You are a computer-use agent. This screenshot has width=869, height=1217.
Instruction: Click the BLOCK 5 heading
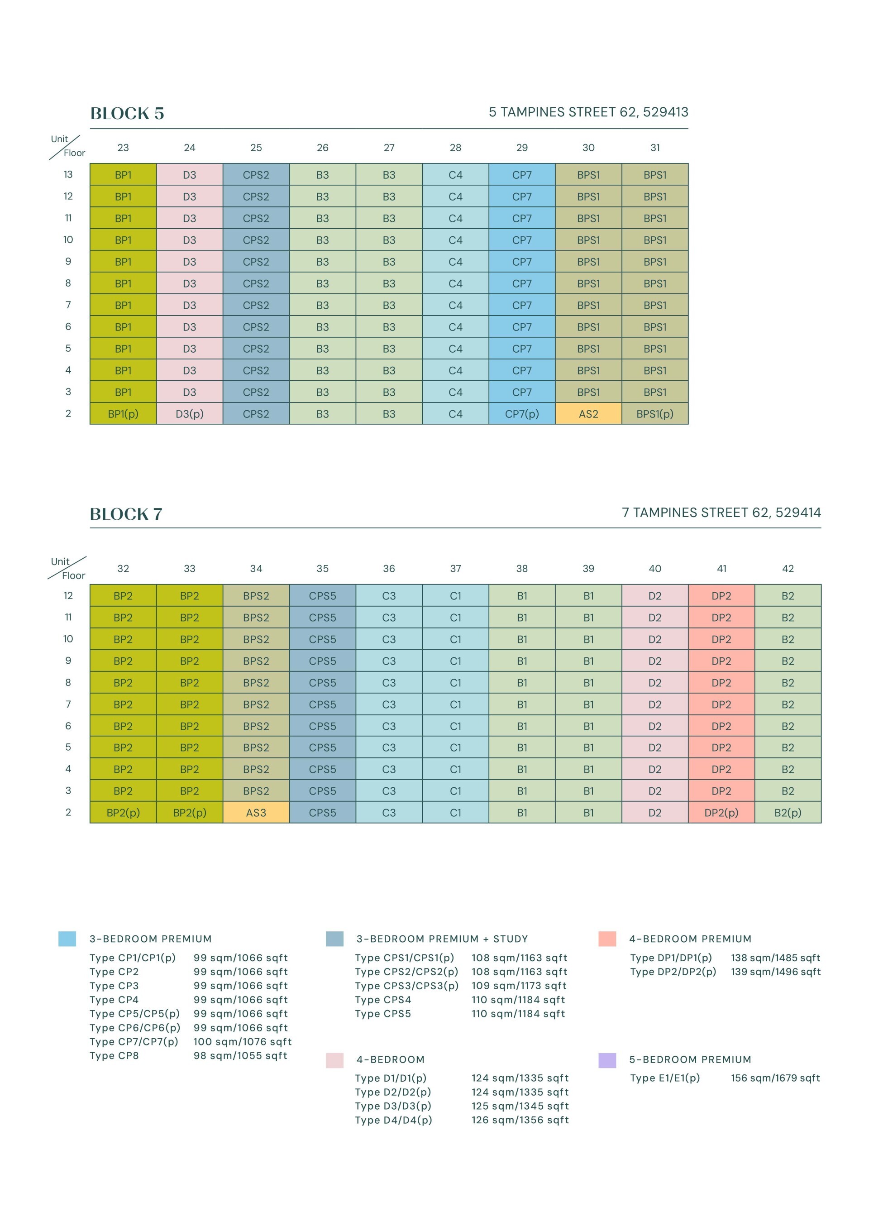tap(127, 114)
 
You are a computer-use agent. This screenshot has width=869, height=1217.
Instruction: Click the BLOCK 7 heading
tap(126, 514)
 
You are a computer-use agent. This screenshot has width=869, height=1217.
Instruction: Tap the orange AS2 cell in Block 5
tap(588, 414)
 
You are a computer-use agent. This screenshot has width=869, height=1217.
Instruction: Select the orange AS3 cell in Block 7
tap(256, 812)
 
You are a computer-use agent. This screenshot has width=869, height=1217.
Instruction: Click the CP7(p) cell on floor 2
tap(522, 414)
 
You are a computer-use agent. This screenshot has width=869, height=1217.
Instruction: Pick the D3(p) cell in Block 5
tap(190, 414)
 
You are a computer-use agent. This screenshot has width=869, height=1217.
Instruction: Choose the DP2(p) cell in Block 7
tap(721, 812)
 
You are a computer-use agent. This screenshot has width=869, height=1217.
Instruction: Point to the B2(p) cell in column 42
tap(788, 812)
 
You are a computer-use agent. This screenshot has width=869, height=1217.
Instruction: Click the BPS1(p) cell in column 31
tap(654, 414)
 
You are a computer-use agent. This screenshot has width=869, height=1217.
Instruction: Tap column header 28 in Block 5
tap(455, 148)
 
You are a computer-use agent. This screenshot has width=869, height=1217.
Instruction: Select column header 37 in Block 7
tap(455, 568)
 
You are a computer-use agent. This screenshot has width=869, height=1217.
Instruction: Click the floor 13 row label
tap(68, 174)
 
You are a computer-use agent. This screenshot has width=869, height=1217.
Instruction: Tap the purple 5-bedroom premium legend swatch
tap(607, 1060)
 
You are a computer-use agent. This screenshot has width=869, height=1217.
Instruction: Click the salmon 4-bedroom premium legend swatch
tap(607, 939)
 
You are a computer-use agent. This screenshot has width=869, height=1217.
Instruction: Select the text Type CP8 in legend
tap(114, 1055)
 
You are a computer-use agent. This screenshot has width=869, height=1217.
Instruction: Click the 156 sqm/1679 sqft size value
tap(775, 1078)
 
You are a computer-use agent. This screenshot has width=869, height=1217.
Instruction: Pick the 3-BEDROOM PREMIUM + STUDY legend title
tap(442, 939)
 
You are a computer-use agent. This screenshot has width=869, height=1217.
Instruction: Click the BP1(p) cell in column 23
tap(123, 414)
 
